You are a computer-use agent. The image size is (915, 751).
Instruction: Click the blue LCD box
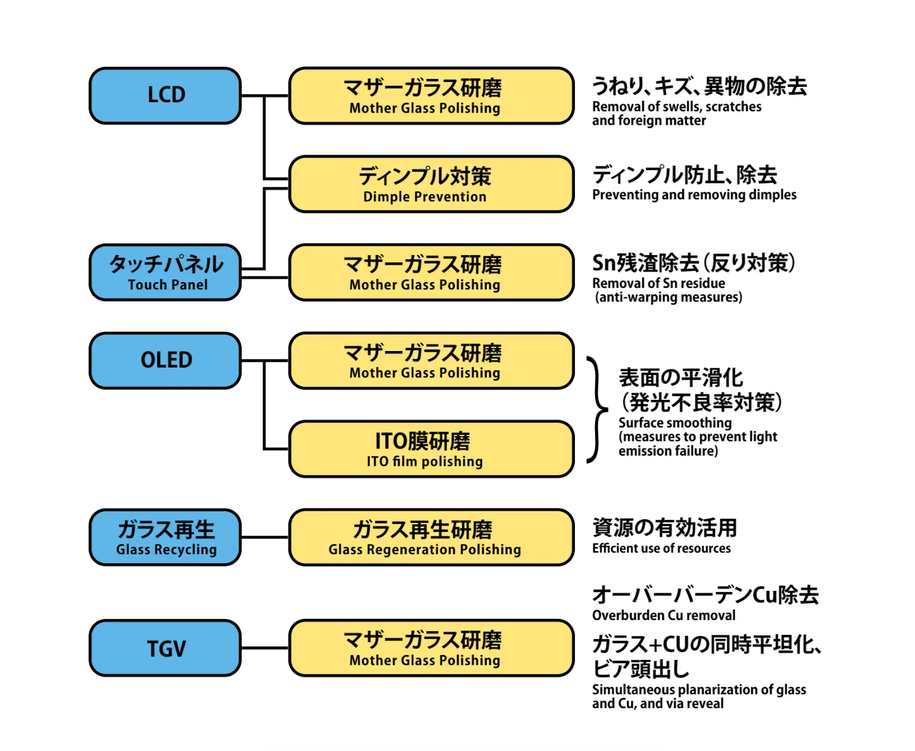(x=165, y=95)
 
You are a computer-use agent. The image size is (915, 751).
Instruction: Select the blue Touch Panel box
(x=165, y=273)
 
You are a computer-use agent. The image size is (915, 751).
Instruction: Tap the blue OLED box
(x=165, y=360)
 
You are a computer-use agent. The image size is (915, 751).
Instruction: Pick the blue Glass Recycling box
(x=165, y=537)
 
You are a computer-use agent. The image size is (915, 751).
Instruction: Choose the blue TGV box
(x=165, y=648)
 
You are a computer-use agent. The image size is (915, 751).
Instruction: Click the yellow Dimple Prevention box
(x=431, y=184)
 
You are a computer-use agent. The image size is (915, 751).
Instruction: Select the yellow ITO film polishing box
(x=431, y=449)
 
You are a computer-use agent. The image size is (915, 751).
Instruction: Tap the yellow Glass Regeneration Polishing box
(x=431, y=537)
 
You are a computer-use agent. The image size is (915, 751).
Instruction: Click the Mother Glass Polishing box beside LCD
(x=431, y=96)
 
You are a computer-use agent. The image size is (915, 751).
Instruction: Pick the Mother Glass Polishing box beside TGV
(x=431, y=648)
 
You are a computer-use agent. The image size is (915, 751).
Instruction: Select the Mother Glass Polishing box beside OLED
(x=431, y=361)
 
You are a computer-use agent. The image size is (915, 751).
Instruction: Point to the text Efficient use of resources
(x=661, y=549)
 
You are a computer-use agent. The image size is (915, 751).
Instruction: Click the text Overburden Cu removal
(x=664, y=615)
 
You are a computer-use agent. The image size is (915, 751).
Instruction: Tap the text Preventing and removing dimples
(x=694, y=195)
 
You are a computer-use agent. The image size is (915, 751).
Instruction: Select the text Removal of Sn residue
(x=659, y=284)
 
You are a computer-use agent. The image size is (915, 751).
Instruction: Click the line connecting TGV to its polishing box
(x=264, y=648)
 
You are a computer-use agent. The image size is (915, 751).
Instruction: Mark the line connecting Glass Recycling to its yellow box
(x=264, y=537)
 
